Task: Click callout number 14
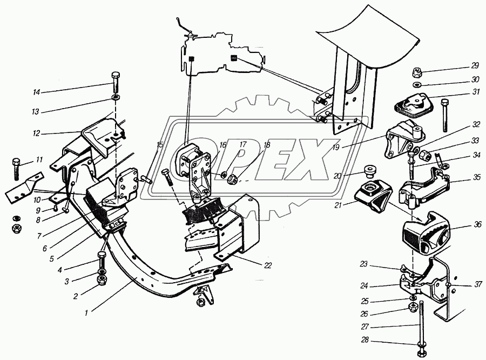pyautogui.click(x=37, y=92)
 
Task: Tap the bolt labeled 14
pyautogui.click(x=115, y=82)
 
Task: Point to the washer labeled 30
pyautogui.click(x=417, y=84)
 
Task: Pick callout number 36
pyautogui.click(x=477, y=224)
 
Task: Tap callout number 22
pyautogui.click(x=268, y=265)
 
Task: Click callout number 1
pyautogui.click(x=86, y=313)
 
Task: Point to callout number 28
pyautogui.click(x=365, y=340)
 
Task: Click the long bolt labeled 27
pyautogui.click(x=421, y=328)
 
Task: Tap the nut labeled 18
pyautogui.click(x=233, y=179)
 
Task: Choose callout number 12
pyautogui.click(x=37, y=134)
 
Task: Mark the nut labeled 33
pyautogui.click(x=424, y=155)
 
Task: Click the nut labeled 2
pyautogui.click(x=102, y=280)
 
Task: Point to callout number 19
pyautogui.click(x=336, y=148)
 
